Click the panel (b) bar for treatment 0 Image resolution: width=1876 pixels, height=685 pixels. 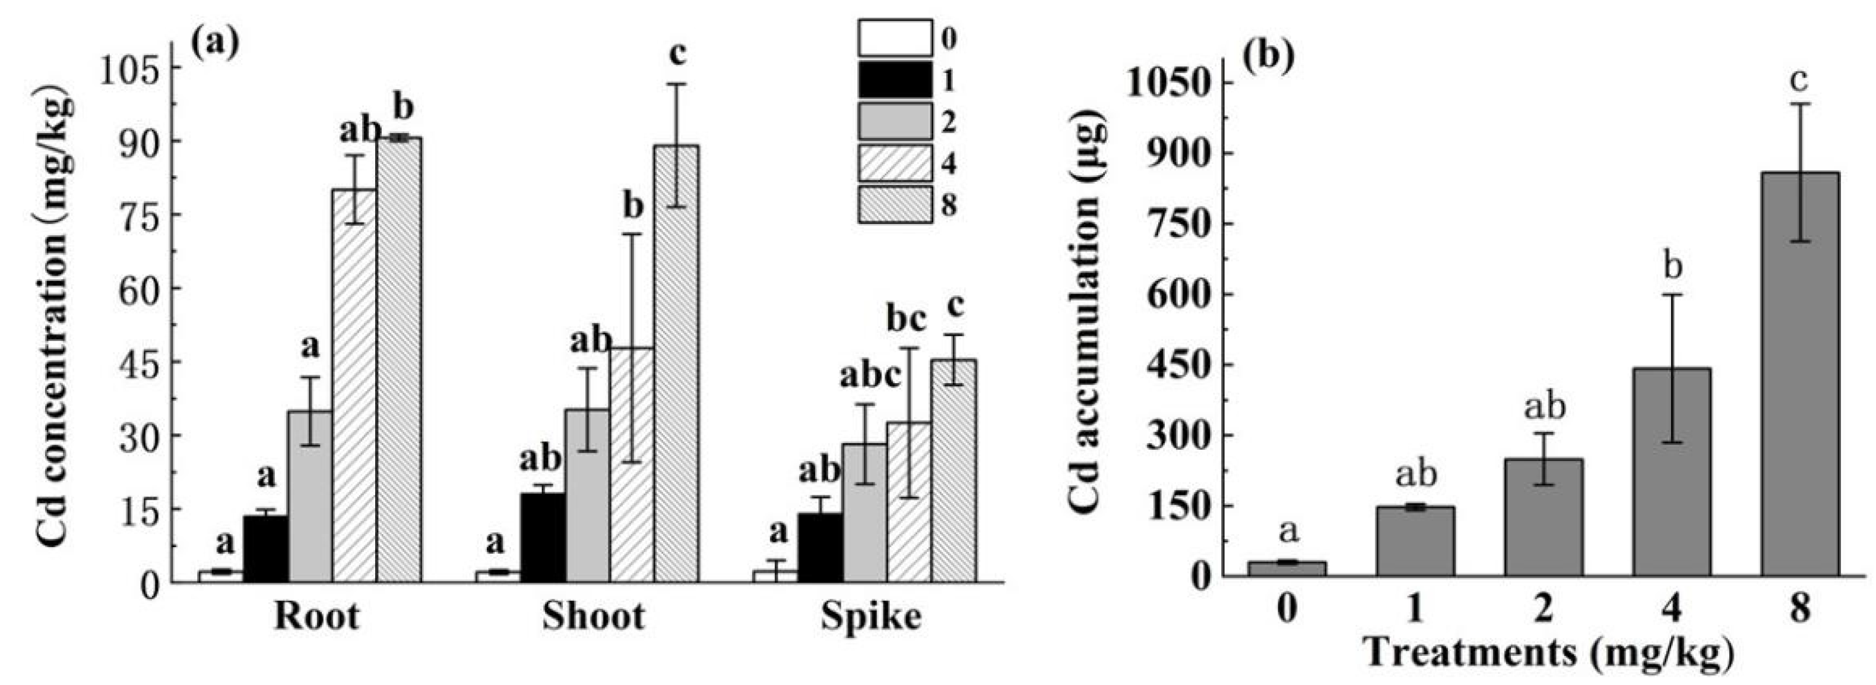pyautogui.click(x=1287, y=568)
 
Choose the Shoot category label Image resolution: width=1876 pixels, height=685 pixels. pyautogui.click(x=594, y=617)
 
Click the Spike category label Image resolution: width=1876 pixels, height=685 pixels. pyautogui.click(x=871, y=617)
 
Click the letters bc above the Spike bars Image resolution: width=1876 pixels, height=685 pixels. pyautogui.click(x=906, y=318)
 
